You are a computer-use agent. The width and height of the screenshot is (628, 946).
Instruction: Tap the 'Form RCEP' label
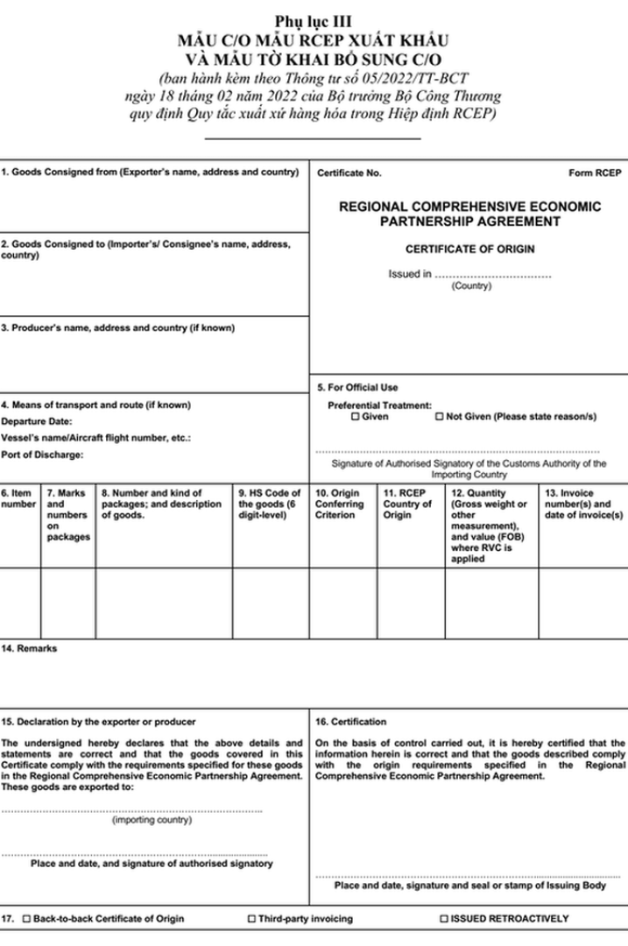(x=596, y=173)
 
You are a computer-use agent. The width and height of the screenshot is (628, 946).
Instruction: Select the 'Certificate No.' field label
(x=349, y=173)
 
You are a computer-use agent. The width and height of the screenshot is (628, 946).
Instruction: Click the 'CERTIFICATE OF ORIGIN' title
(x=469, y=249)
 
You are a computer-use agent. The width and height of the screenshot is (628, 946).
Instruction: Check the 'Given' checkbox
(x=355, y=418)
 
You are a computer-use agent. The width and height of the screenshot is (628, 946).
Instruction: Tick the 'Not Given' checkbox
(x=440, y=418)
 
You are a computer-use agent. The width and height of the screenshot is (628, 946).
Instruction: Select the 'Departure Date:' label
(x=32, y=420)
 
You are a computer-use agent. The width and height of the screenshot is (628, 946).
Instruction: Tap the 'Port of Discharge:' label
(x=42, y=454)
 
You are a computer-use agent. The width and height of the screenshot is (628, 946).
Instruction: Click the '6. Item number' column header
(x=18, y=498)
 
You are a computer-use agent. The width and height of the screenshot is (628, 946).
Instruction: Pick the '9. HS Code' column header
(x=270, y=504)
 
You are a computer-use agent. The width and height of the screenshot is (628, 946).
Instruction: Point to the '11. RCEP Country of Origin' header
(x=408, y=504)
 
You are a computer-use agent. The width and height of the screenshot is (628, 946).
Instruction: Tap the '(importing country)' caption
(x=152, y=821)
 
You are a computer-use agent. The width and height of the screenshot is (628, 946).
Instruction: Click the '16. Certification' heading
(x=350, y=722)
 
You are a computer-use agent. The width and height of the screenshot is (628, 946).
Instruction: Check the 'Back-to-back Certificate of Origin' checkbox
(x=26, y=919)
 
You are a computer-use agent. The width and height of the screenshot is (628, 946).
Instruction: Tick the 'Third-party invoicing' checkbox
(x=252, y=919)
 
